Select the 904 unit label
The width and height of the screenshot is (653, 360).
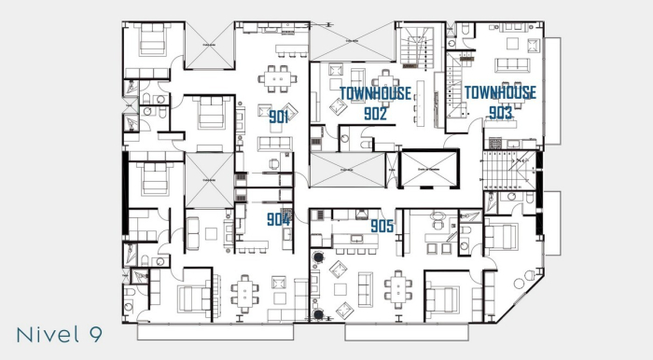[x=277, y=219]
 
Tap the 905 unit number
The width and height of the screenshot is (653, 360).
[x=382, y=227]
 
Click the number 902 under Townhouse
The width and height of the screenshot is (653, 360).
[x=376, y=113]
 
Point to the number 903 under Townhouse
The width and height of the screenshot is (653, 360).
[x=501, y=112]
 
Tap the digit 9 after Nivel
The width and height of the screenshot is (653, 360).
[x=94, y=333]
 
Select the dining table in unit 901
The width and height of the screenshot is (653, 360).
[x=277, y=78]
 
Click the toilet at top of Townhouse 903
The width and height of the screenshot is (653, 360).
[x=464, y=35]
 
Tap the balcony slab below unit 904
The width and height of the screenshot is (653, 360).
[x=218, y=330]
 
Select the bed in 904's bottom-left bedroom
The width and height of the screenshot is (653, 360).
[x=193, y=298]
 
